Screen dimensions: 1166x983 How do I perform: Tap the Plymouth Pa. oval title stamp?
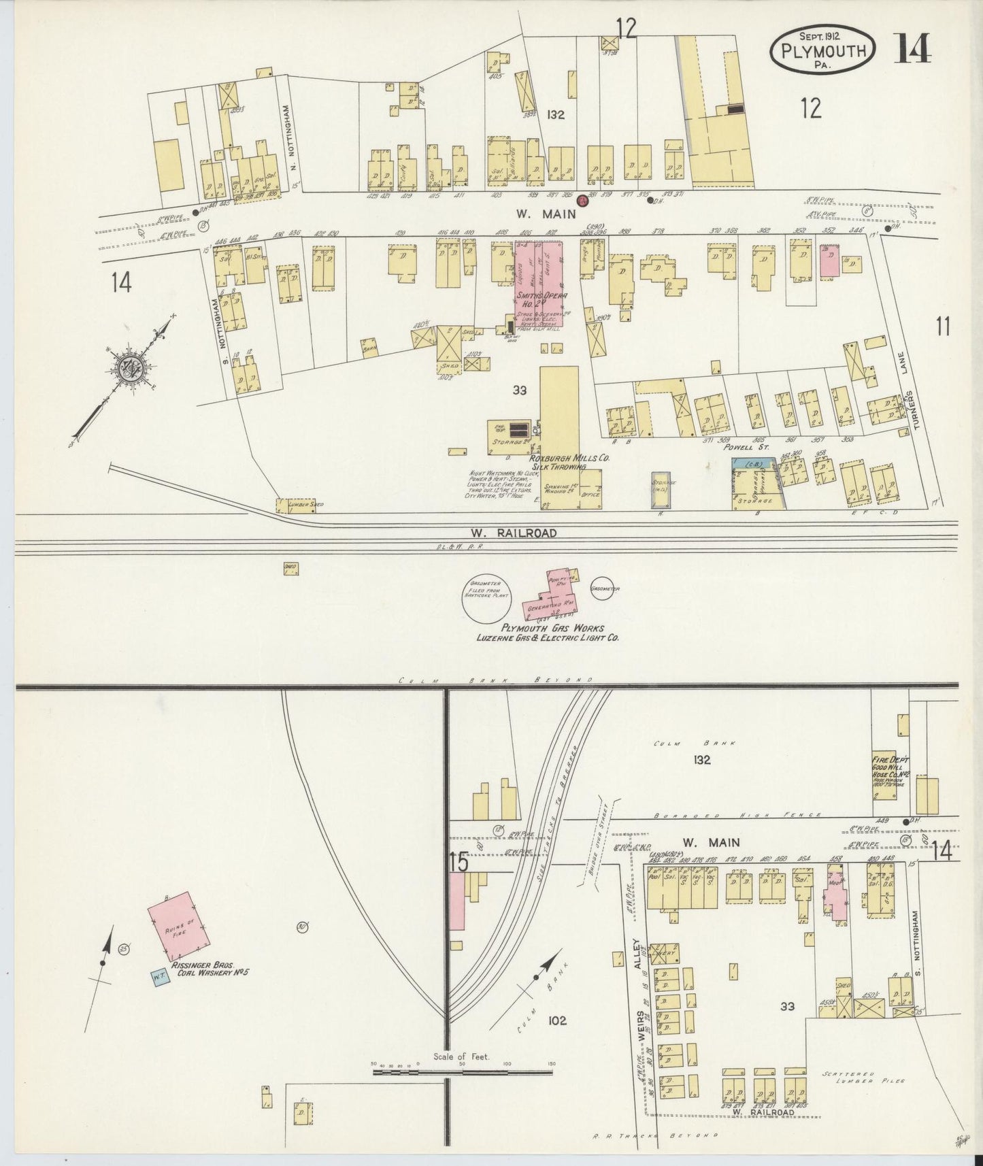[x=822, y=49]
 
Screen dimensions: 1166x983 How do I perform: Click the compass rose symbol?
[x=129, y=369]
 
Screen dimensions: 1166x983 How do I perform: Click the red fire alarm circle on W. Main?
[x=582, y=201]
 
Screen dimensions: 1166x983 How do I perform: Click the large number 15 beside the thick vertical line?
[x=459, y=863]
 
